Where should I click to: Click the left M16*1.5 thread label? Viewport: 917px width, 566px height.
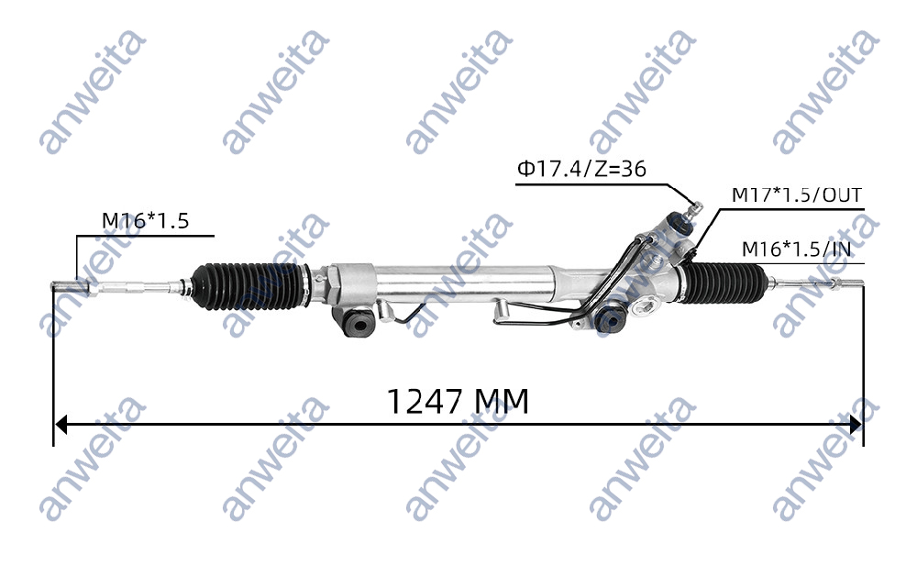[x=144, y=221]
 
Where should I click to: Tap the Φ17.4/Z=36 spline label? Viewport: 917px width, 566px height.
[x=581, y=169]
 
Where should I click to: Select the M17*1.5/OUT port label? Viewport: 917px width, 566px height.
[x=796, y=195]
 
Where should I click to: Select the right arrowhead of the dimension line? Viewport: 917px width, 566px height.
[x=856, y=425]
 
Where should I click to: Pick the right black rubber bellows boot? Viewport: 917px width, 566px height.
[x=731, y=279]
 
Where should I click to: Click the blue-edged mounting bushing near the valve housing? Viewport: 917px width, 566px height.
[x=609, y=319]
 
